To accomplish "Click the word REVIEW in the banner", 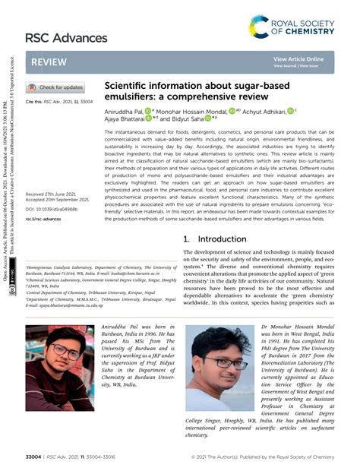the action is [x=49, y=65].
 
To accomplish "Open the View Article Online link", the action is [x=298, y=58].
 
